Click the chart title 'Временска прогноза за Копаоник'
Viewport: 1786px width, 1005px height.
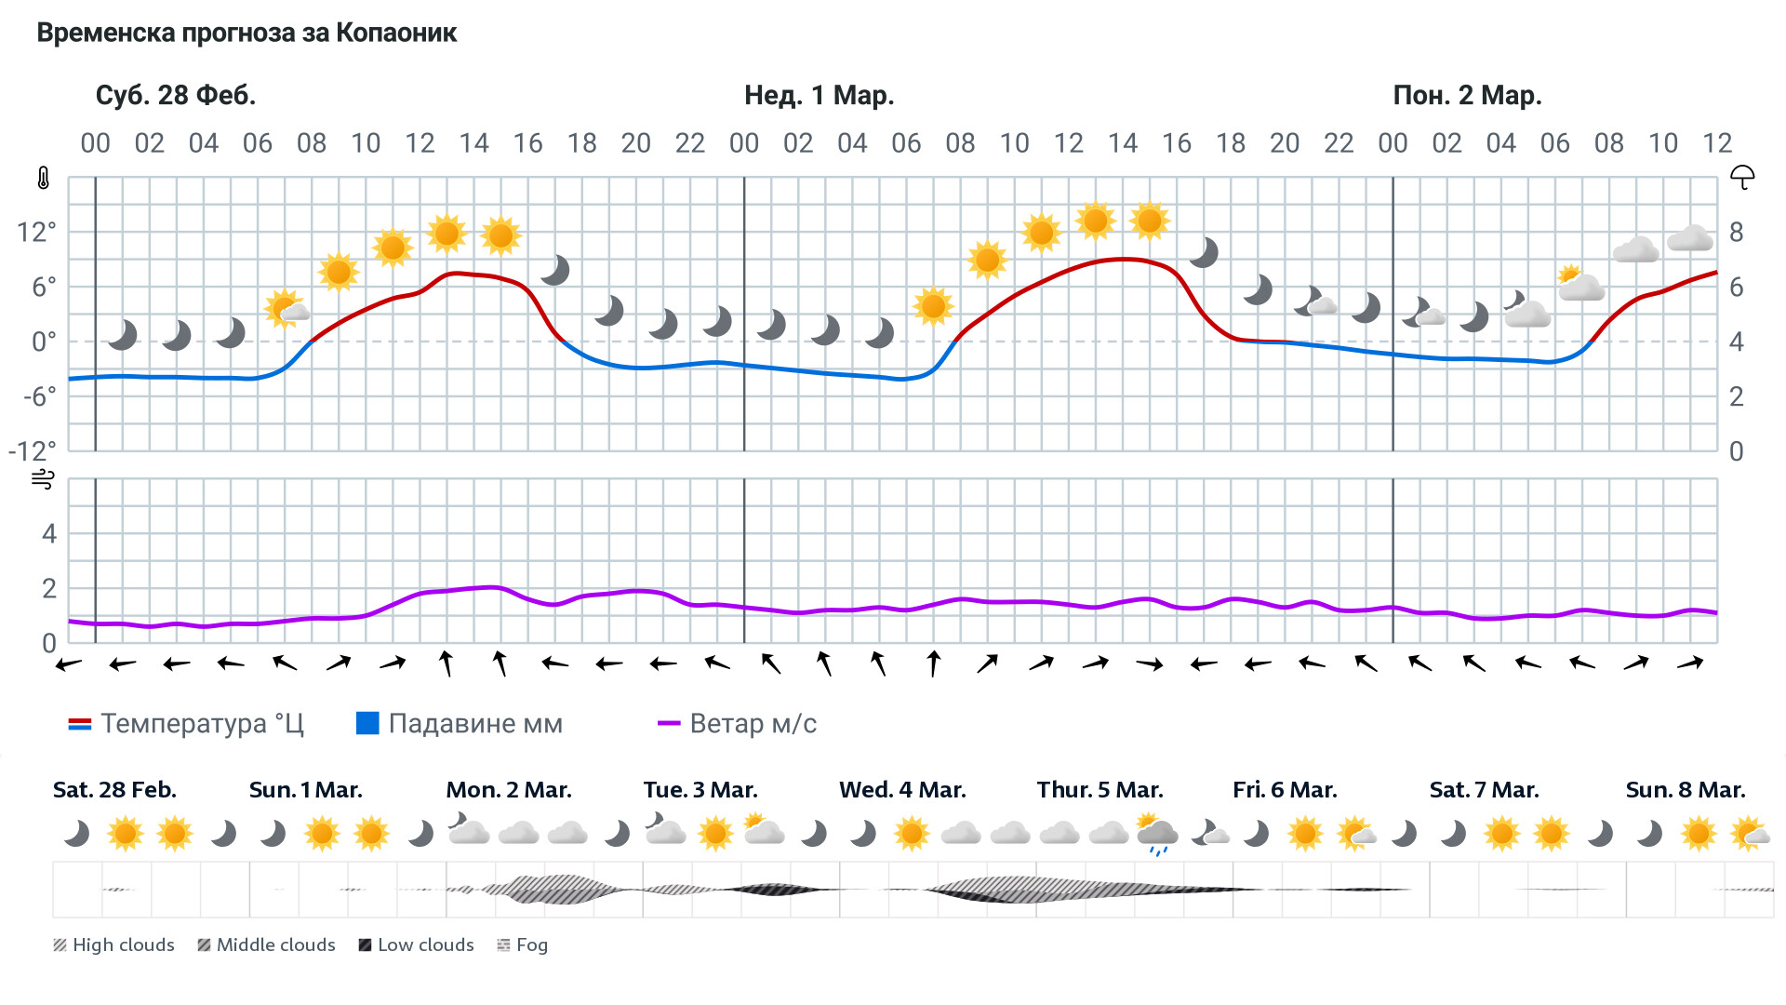point(247,33)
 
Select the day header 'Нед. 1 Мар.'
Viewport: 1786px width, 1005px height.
point(819,95)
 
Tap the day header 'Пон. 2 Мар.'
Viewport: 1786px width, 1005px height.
point(1467,95)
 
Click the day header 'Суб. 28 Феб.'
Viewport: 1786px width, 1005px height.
point(175,95)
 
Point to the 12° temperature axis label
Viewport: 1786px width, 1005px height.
point(36,232)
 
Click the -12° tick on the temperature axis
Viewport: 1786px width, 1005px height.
point(33,451)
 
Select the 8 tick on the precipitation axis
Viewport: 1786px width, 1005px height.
point(1736,232)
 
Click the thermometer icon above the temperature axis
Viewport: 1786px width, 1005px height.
point(44,178)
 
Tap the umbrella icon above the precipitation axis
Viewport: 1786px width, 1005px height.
point(1741,177)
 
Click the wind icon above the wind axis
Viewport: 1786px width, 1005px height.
point(43,479)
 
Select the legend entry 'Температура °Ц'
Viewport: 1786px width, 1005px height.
point(186,724)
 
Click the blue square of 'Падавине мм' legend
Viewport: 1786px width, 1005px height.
point(367,723)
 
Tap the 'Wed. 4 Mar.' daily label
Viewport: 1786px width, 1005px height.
point(902,790)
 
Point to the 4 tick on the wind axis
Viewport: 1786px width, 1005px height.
point(49,534)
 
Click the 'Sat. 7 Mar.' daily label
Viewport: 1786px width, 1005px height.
point(1484,790)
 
